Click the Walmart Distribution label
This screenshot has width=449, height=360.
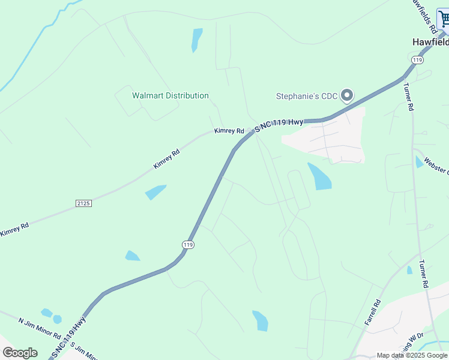(170, 95)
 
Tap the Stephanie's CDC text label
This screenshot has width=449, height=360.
(306, 96)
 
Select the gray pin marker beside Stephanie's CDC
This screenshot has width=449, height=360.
(346, 95)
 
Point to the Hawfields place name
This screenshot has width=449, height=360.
(430, 43)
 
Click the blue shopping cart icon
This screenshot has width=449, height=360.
(444, 20)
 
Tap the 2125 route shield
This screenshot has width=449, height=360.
(83, 203)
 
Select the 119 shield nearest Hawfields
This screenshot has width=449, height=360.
(418, 59)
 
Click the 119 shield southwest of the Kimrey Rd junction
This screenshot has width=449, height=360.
(188, 245)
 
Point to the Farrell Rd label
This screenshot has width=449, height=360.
(373, 313)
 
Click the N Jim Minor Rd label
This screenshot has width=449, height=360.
(40, 328)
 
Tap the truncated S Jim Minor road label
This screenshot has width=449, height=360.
(84, 350)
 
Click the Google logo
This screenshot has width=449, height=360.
(20, 353)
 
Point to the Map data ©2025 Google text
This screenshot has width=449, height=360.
(412, 355)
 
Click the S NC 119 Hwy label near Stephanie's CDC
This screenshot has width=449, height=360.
(279, 125)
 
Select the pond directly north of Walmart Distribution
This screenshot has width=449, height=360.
(197, 40)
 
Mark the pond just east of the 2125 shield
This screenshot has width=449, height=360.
(155, 192)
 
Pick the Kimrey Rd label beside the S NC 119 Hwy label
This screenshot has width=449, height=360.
(229, 131)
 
